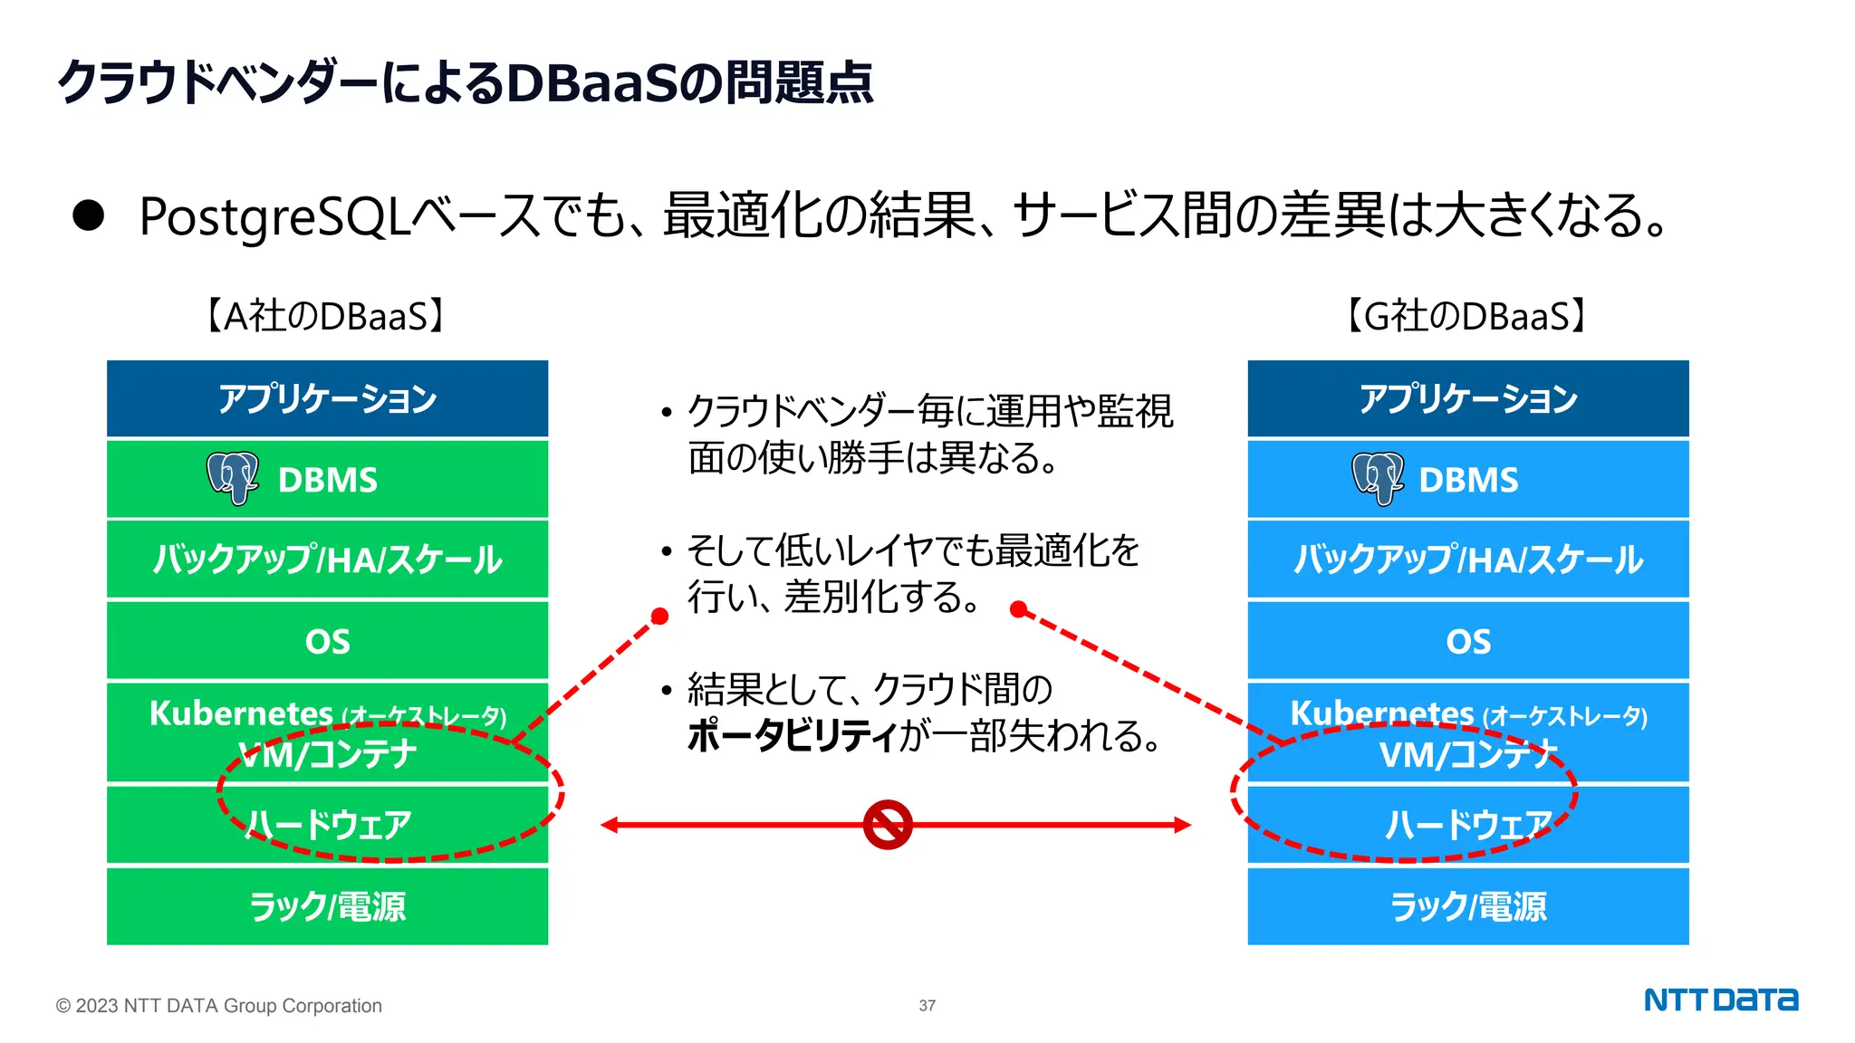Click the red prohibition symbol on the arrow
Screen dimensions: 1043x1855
[887, 824]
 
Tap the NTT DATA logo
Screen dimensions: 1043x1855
[1720, 1000]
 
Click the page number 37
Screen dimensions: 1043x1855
[927, 1006]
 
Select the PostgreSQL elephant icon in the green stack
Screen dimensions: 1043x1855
[233, 477]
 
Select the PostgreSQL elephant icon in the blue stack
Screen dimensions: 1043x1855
[1377, 477]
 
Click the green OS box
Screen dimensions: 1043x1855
[327, 641]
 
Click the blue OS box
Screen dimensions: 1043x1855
[1467, 641]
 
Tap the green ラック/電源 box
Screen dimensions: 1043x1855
[327, 906]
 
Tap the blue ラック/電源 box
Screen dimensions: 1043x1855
[1467, 906]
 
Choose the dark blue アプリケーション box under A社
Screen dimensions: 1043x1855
[327, 398]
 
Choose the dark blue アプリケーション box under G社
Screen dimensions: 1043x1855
[1467, 398]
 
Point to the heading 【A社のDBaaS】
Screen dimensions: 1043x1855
[325, 316]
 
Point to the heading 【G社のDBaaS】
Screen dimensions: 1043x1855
[1466, 316]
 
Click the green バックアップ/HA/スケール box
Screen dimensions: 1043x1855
[327, 560]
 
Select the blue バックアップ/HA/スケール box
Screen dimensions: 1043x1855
[1467, 560]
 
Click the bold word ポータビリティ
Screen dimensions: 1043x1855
[792, 735]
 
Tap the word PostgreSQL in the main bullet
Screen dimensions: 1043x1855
[274, 217]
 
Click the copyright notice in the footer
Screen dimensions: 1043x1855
[218, 1006]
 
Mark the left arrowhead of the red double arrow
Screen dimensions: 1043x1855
[610, 825]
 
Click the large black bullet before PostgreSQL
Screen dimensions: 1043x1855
[89, 215]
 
